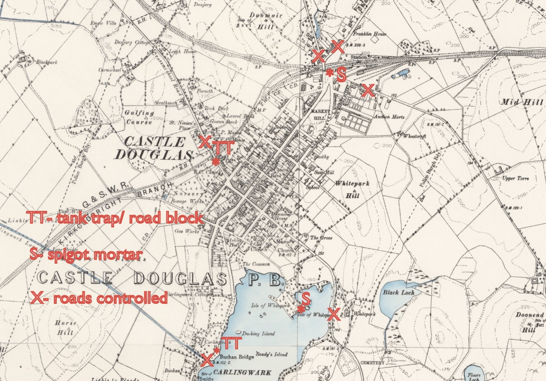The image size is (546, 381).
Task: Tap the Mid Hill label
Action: pyautogui.click(x=522, y=102)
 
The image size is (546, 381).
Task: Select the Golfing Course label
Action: pyautogui.click(x=139, y=117)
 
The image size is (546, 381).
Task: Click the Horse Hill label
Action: pyautogui.click(x=66, y=329)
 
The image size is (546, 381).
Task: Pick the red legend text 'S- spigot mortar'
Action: pyautogui.click(x=86, y=255)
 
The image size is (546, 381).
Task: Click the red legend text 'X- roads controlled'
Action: pyautogui.click(x=99, y=298)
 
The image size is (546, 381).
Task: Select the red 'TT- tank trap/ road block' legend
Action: pyautogui.click(x=114, y=218)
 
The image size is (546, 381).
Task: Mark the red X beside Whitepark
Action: pyautogui.click(x=333, y=314)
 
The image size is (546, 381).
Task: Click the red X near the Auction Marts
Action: pyautogui.click(x=368, y=90)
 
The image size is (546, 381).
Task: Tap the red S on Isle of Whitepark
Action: pyautogui.click(x=306, y=298)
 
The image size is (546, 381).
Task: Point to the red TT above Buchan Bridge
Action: pyautogui.click(x=231, y=342)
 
